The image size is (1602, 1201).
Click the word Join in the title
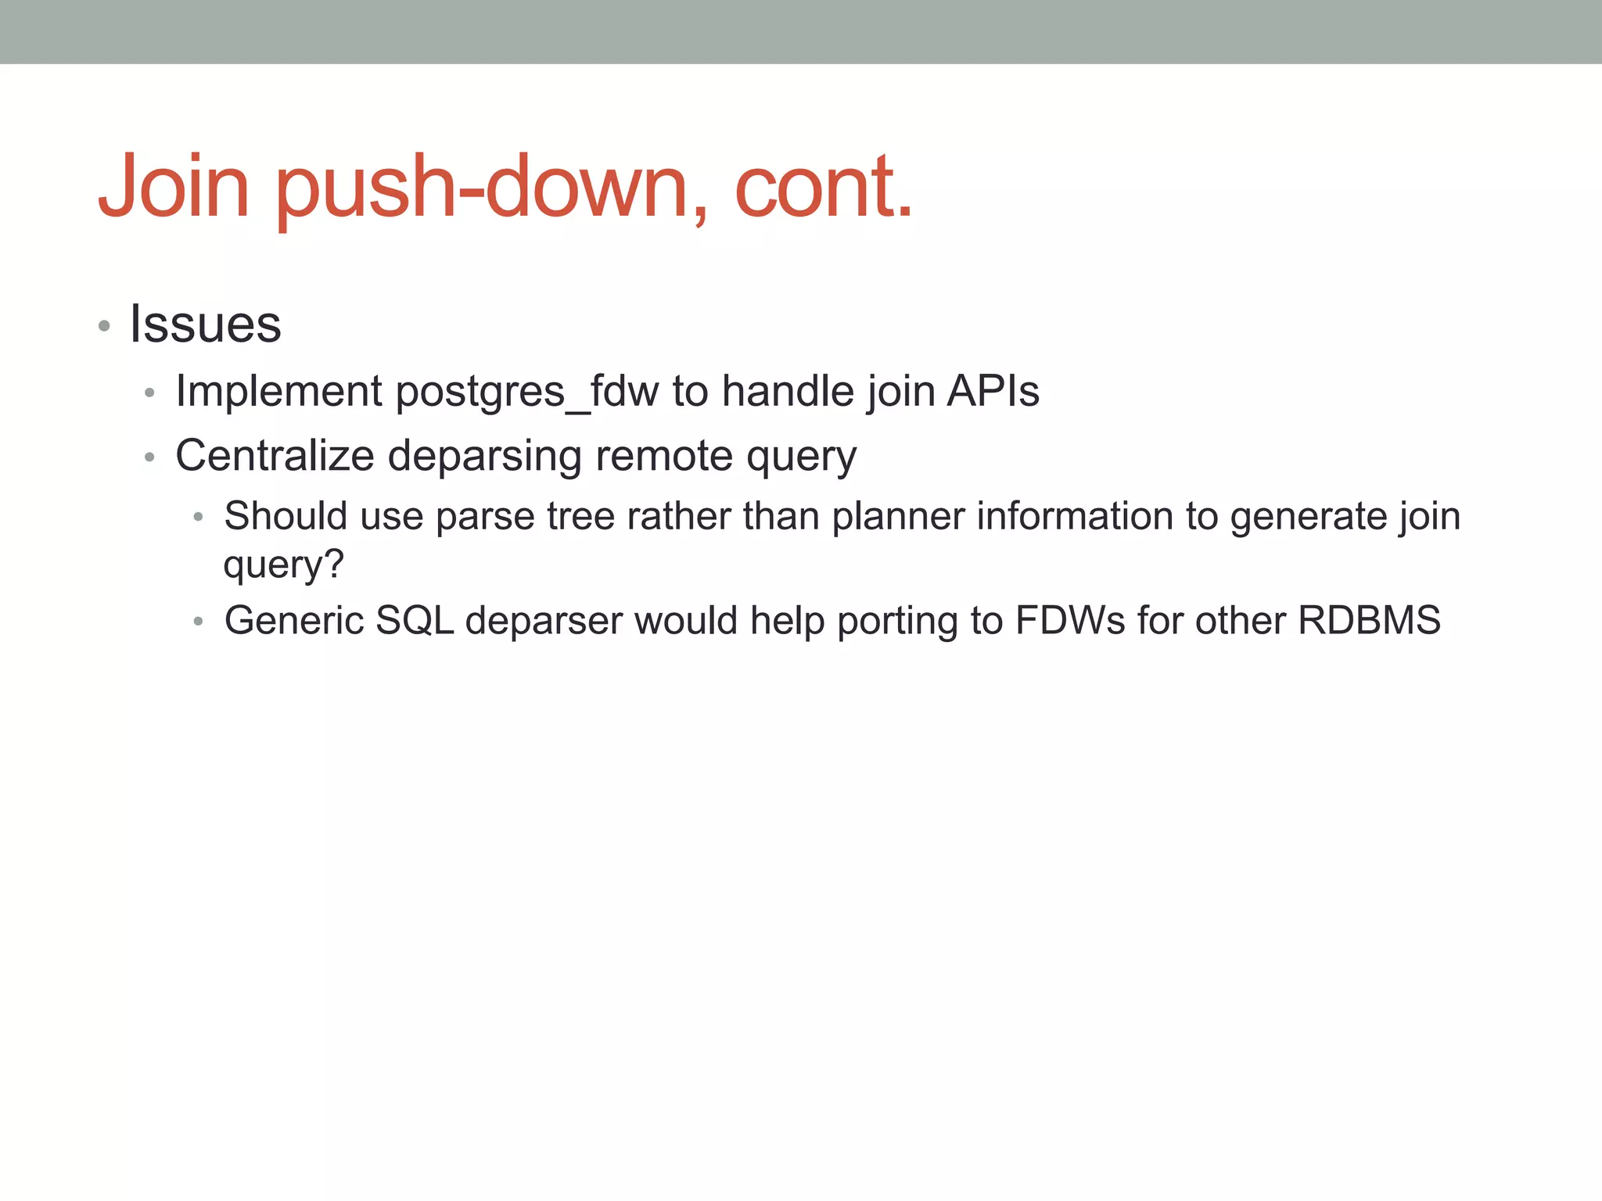(x=174, y=186)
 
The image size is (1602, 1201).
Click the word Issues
(x=205, y=324)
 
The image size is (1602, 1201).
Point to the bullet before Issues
(x=104, y=325)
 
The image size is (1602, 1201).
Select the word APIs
(x=993, y=390)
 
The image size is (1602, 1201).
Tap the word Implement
(x=279, y=391)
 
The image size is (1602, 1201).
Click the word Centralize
(x=275, y=455)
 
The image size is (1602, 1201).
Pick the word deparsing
(x=484, y=457)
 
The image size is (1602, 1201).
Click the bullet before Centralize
(x=150, y=457)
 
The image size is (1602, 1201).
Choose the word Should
(x=286, y=516)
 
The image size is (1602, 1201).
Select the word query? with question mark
(x=283, y=565)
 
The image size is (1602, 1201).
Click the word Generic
(x=294, y=620)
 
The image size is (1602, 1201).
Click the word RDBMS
(x=1369, y=620)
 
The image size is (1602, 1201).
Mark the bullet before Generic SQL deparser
(x=199, y=622)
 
